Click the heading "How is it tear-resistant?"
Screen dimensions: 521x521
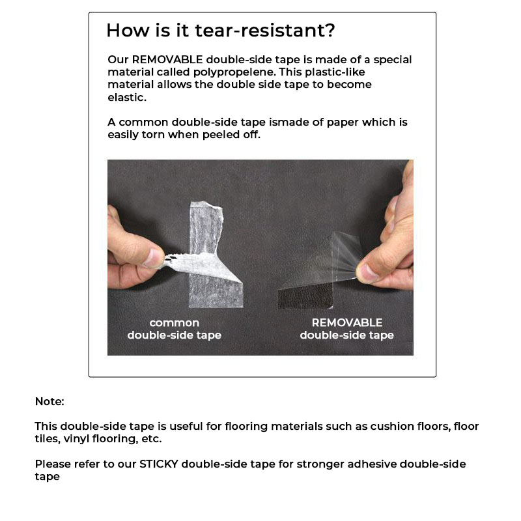[221, 31]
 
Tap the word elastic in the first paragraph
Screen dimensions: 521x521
[127, 97]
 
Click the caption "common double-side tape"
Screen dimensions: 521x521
[174, 329]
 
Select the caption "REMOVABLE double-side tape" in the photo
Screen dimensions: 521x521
[346, 329]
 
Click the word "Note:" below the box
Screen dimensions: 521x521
[49, 402]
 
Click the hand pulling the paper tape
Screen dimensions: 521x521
[134, 251]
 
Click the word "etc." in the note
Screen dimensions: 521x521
[151, 439]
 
